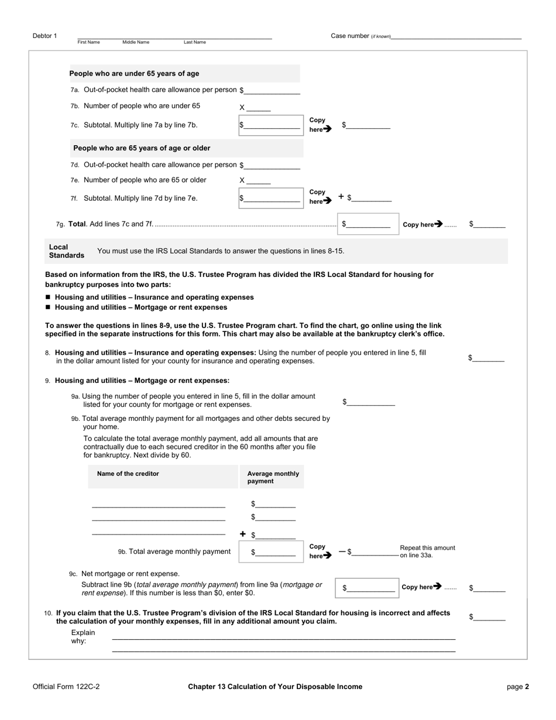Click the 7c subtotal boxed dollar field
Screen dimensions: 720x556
pyautogui.click(x=271, y=125)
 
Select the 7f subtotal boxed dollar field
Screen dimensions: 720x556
pyautogui.click(x=271, y=198)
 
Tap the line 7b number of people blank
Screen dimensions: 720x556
pyautogui.click(x=259, y=107)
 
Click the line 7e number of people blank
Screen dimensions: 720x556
pyautogui.click(x=259, y=181)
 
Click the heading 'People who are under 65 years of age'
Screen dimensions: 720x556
pyautogui.click(x=134, y=74)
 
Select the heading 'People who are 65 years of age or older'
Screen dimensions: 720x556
pyautogui.click(x=142, y=148)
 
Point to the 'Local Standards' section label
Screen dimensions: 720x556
pyautogui.click(x=66, y=251)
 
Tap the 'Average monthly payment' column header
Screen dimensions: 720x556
pyautogui.click(x=273, y=477)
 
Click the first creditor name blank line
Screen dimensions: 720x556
pyautogui.click(x=159, y=504)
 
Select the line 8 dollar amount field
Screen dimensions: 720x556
pyautogui.click(x=489, y=358)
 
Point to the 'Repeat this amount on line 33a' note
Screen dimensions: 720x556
pyautogui.click(x=427, y=551)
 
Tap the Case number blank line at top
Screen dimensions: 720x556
pyautogui.click(x=456, y=36)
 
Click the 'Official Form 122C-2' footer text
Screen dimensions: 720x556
pyautogui.click(x=66, y=687)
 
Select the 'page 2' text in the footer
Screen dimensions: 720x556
pyautogui.click(x=517, y=687)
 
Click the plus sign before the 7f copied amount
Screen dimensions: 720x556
pyautogui.click(x=341, y=197)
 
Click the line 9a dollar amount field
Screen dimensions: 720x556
pyautogui.click(x=371, y=402)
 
